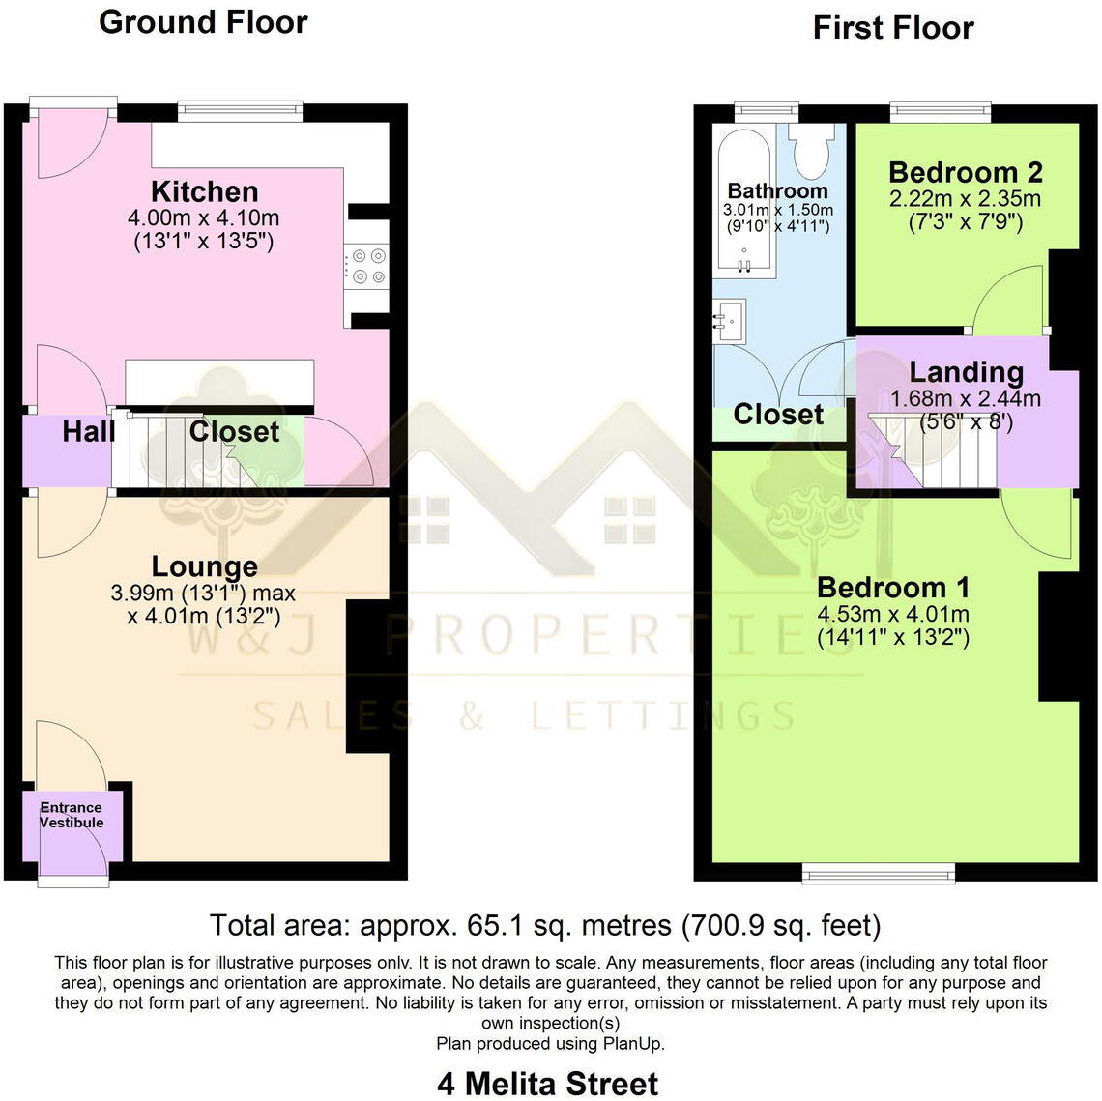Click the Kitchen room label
(204, 191)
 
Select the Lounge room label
(204, 566)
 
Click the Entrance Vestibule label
(71, 815)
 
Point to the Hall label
(89, 431)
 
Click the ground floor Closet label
(234, 431)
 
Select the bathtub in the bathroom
(743, 203)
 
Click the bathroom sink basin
(730, 319)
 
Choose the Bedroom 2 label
(965, 173)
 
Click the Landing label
(966, 372)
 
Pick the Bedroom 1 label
(893, 588)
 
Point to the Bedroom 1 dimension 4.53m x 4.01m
(893, 614)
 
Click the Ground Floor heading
(203, 22)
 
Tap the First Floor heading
(892, 28)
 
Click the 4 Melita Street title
(547, 1084)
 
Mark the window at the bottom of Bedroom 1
(880, 874)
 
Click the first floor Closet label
(778, 415)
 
